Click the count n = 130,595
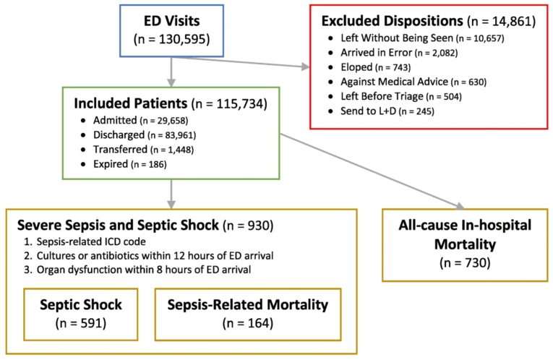[x=171, y=40]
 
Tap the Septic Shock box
[x=85, y=314]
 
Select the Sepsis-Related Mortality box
[x=247, y=314]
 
